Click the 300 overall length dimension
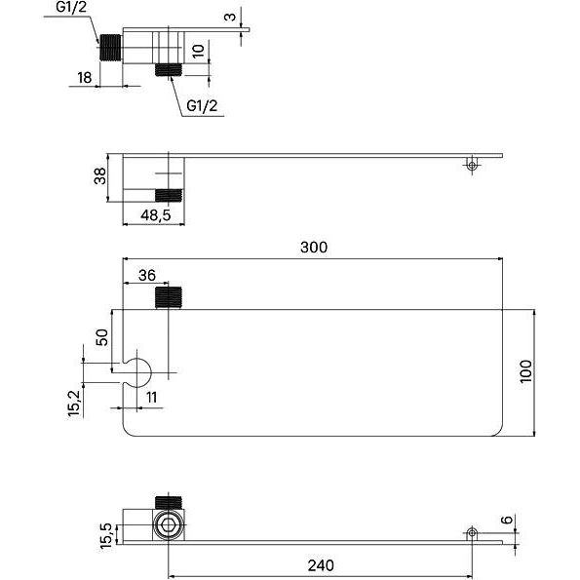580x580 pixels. pyautogui.click(x=314, y=247)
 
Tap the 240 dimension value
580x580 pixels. pyautogui.click(x=321, y=565)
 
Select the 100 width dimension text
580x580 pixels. pyautogui.click(x=525, y=371)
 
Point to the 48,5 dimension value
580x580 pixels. pyautogui.click(x=156, y=214)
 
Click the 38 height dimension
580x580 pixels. pyautogui.click(x=99, y=176)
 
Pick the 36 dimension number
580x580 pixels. pyautogui.click(x=147, y=275)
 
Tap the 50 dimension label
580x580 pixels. pyautogui.click(x=101, y=337)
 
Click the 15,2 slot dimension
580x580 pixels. pyautogui.click(x=74, y=404)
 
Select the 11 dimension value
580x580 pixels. pyautogui.click(x=152, y=398)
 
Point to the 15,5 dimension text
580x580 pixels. pyautogui.click(x=106, y=536)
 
